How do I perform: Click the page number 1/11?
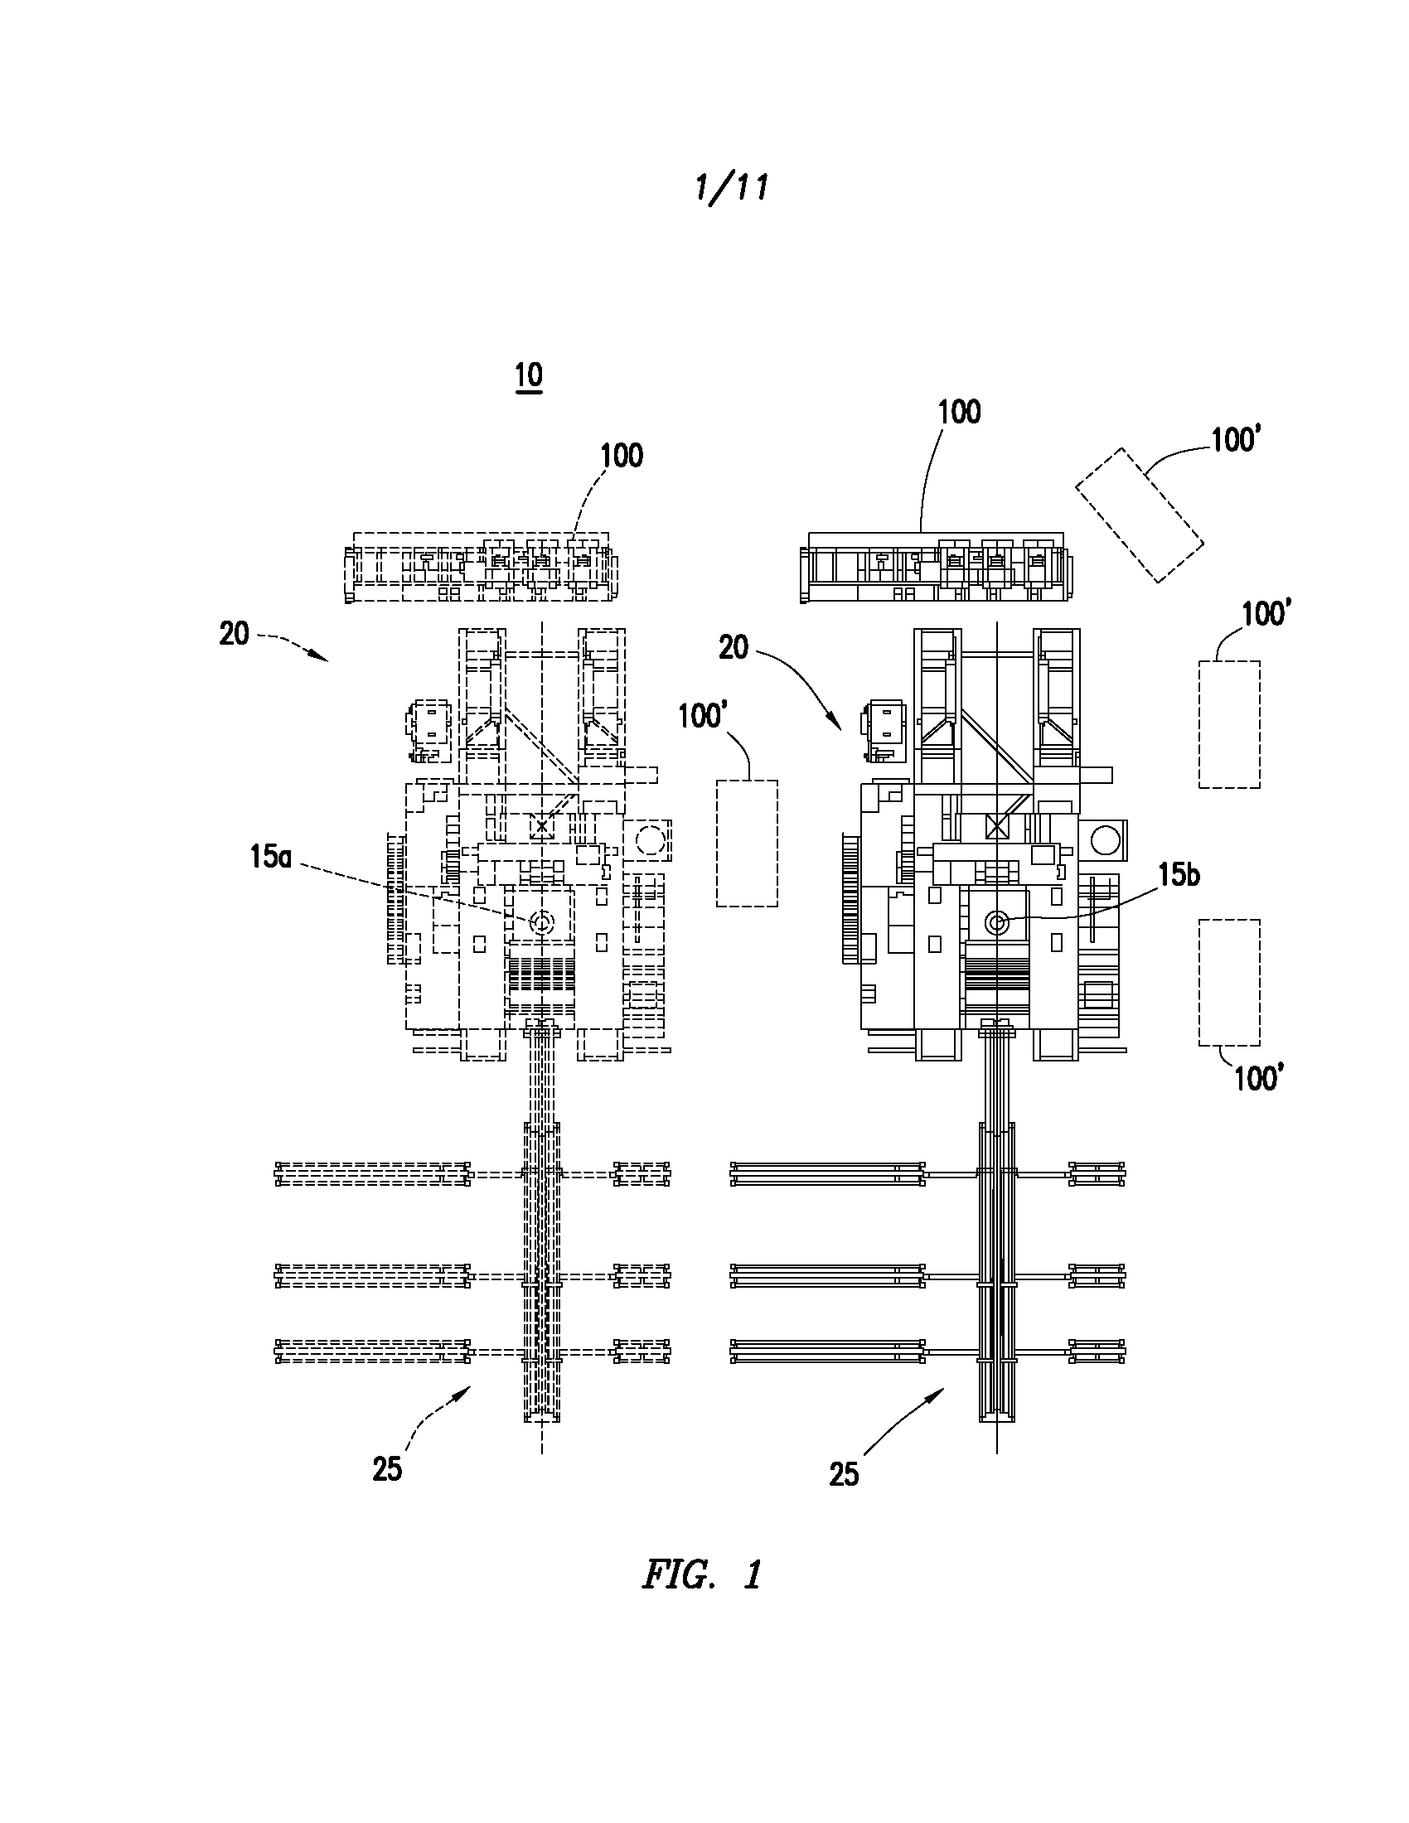click(x=731, y=188)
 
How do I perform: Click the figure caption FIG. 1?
click(x=702, y=1575)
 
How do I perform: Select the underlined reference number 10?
click(x=530, y=375)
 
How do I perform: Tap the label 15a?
click(x=271, y=857)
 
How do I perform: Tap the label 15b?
click(x=1178, y=874)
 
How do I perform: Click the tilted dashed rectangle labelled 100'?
click(x=1140, y=515)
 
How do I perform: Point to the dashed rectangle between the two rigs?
click(x=747, y=843)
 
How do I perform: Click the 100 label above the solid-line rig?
click(x=959, y=412)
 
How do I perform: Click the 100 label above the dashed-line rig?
click(x=622, y=455)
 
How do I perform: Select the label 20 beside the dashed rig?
click(x=235, y=635)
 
